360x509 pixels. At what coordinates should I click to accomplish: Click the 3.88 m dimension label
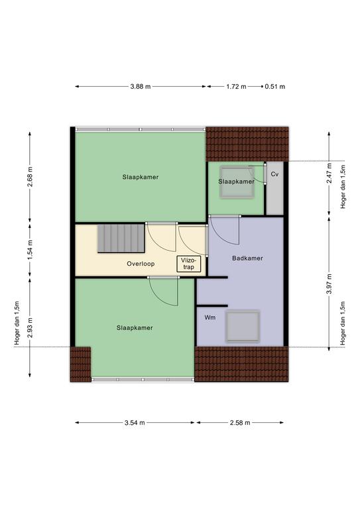[141, 87]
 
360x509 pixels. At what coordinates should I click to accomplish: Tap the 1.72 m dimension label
[236, 87]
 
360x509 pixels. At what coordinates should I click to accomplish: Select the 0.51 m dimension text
[275, 87]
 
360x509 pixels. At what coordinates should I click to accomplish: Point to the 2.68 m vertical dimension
[30, 177]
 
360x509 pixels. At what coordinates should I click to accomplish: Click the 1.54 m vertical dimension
[30, 249]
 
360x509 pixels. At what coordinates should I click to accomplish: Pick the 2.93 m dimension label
[30, 327]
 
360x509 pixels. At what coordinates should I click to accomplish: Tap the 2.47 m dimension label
[329, 174]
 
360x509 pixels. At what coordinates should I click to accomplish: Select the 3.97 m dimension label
[329, 284]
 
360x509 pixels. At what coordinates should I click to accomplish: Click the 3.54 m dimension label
[135, 423]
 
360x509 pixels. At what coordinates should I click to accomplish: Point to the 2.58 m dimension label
[240, 423]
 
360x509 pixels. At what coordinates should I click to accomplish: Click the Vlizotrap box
[188, 264]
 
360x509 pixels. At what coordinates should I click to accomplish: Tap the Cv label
[274, 174]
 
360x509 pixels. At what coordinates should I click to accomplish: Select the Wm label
[210, 317]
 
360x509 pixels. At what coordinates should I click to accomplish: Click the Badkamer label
[247, 258]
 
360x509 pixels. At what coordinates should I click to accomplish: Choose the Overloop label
[141, 264]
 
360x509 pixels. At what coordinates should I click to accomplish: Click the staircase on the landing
[121, 239]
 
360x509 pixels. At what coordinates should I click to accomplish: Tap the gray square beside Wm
[243, 326]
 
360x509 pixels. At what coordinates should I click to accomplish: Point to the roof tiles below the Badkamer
[241, 364]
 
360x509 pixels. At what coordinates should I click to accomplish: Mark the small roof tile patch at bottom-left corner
[80, 365]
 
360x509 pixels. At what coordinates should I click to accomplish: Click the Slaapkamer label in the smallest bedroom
[236, 182]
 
